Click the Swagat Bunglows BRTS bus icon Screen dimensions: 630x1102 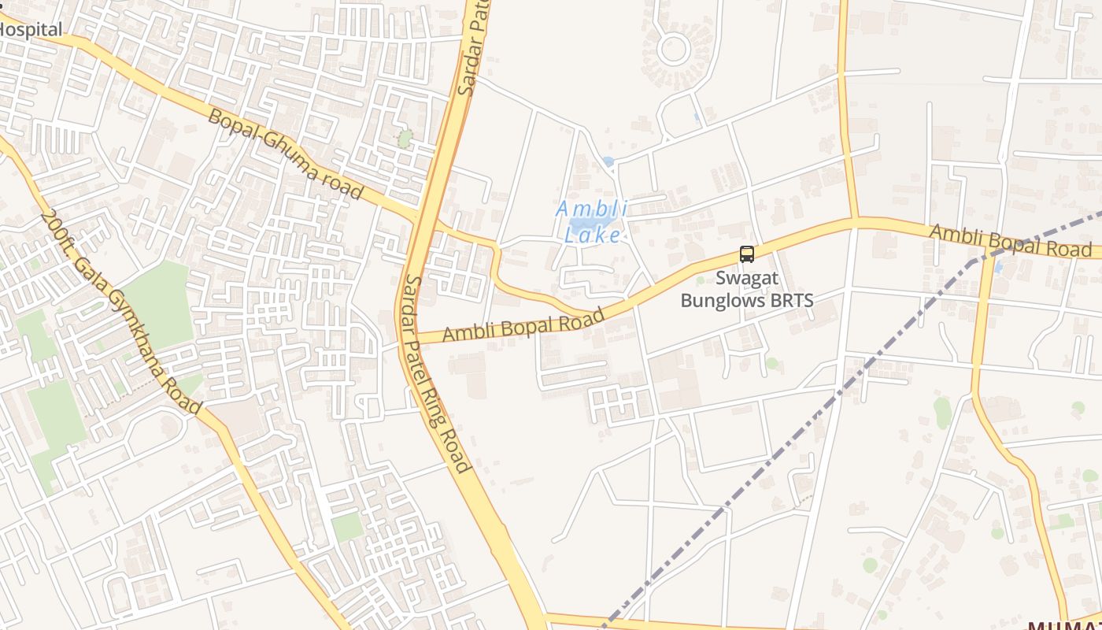click(746, 254)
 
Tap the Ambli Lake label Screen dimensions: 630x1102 click(592, 221)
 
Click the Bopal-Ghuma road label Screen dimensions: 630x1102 click(285, 154)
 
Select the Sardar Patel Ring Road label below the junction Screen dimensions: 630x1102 click(438, 373)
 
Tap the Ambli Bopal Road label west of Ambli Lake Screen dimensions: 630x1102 click(523, 324)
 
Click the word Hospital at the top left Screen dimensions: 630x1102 click(31, 30)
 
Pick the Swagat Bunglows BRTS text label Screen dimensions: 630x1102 click(746, 289)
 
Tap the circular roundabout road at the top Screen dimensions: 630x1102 click(674, 49)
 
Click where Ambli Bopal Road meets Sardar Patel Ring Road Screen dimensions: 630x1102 click(412, 338)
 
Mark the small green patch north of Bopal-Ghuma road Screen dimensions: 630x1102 click(405, 139)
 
